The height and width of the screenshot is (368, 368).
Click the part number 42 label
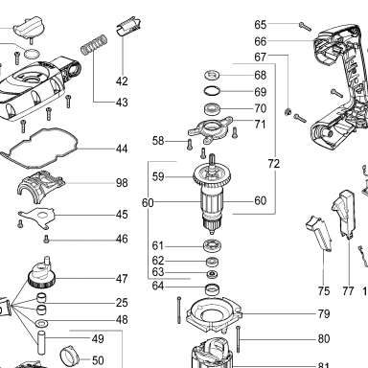[122, 81]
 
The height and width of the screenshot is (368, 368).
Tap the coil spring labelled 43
[93, 44]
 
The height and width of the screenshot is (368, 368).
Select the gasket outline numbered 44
[39, 148]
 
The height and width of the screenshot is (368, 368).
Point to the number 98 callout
[122, 183]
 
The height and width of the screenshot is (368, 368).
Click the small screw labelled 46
[46, 239]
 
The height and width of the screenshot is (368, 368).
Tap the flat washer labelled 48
[42, 323]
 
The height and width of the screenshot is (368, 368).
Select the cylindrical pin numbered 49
[41, 343]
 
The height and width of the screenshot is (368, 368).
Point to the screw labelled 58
[189, 144]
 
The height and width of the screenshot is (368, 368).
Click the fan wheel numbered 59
[212, 176]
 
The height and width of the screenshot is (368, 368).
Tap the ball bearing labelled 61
[213, 246]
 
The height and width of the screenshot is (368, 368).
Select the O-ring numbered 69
[212, 91]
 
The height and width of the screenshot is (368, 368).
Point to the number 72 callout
[274, 164]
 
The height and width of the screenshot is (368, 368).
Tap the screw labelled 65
[305, 26]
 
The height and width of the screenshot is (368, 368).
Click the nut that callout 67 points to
[287, 111]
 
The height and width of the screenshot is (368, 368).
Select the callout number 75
[324, 291]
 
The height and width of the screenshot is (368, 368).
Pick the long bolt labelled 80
[239, 339]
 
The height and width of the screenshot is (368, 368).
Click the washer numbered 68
[212, 76]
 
